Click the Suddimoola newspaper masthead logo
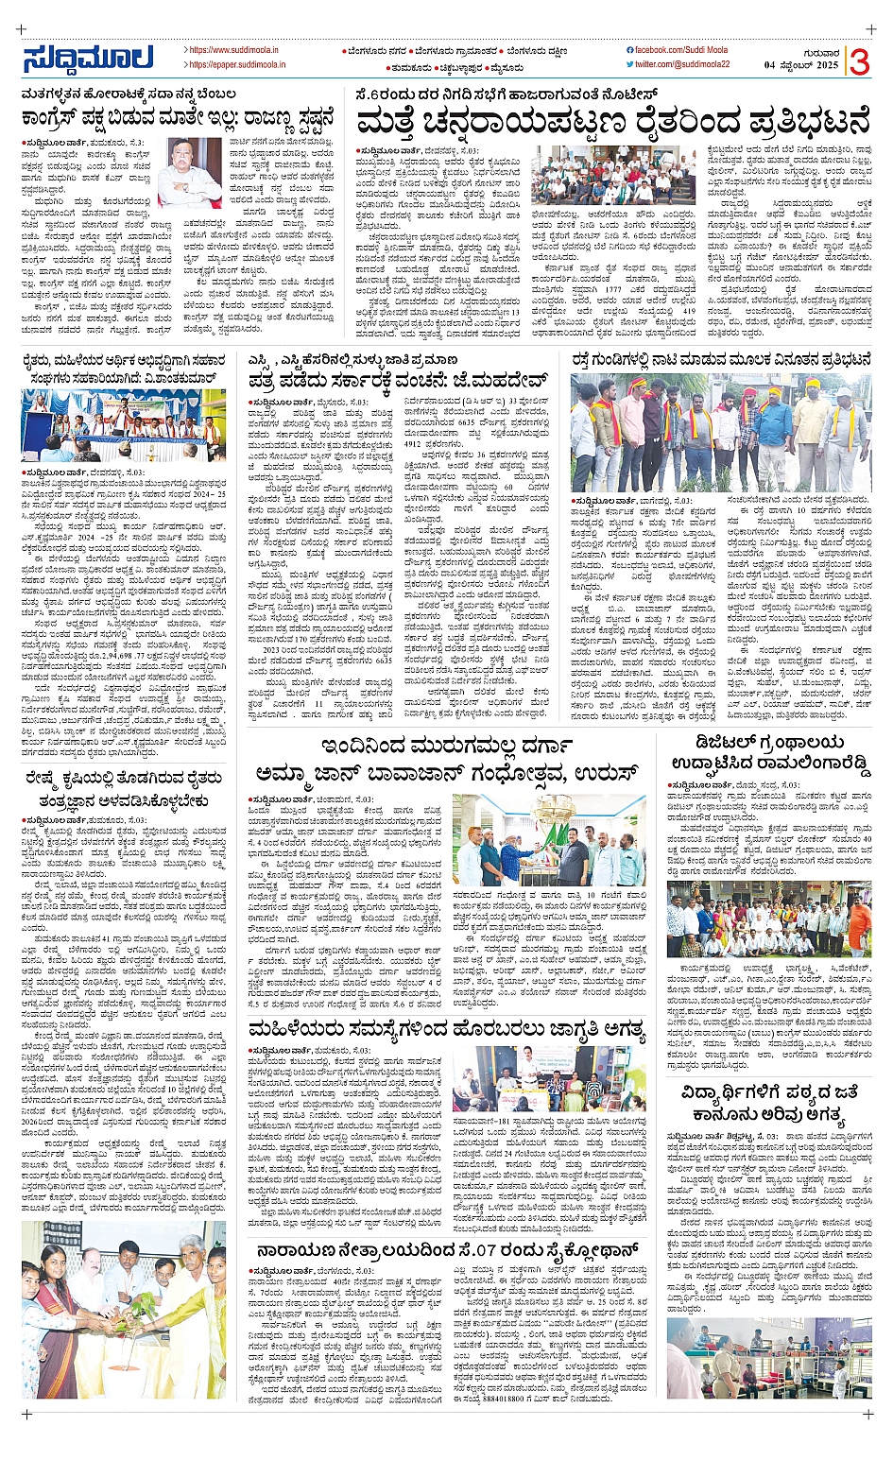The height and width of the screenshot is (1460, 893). pos(88,59)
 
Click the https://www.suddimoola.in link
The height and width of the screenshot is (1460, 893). pos(232,50)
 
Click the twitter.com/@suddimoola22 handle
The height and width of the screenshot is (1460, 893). pos(682,64)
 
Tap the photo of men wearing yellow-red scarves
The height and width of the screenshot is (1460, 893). pos(721,431)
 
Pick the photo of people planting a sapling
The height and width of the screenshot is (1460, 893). pos(123,1310)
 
